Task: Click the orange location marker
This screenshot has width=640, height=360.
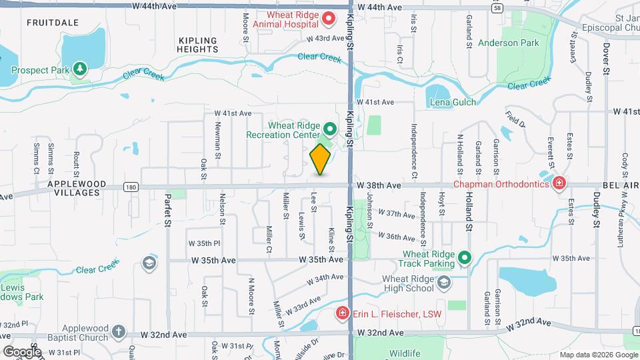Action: tap(321, 159)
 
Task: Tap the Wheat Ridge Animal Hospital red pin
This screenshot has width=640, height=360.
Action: tap(329, 17)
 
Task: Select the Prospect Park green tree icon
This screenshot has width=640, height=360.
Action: tap(80, 69)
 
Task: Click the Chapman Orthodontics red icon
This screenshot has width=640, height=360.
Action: tap(559, 183)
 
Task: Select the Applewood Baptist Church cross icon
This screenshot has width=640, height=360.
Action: tap(118, 332)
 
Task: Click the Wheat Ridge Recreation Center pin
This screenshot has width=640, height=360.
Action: tap(329, 128)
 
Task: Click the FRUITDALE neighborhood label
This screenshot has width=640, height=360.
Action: tap(48, 23)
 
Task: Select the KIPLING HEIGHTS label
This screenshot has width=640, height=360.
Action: tap(199, 45)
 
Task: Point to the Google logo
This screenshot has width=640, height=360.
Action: tap(21, 351)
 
